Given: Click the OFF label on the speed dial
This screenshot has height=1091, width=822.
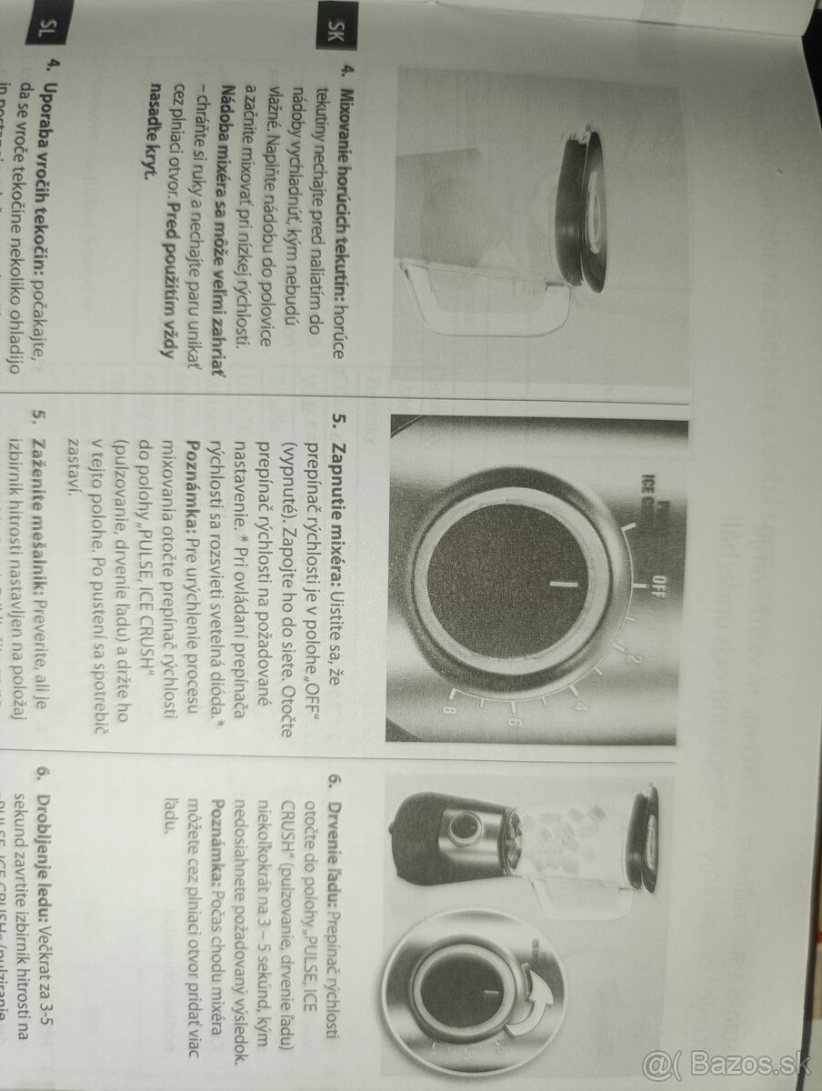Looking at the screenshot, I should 662,579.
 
